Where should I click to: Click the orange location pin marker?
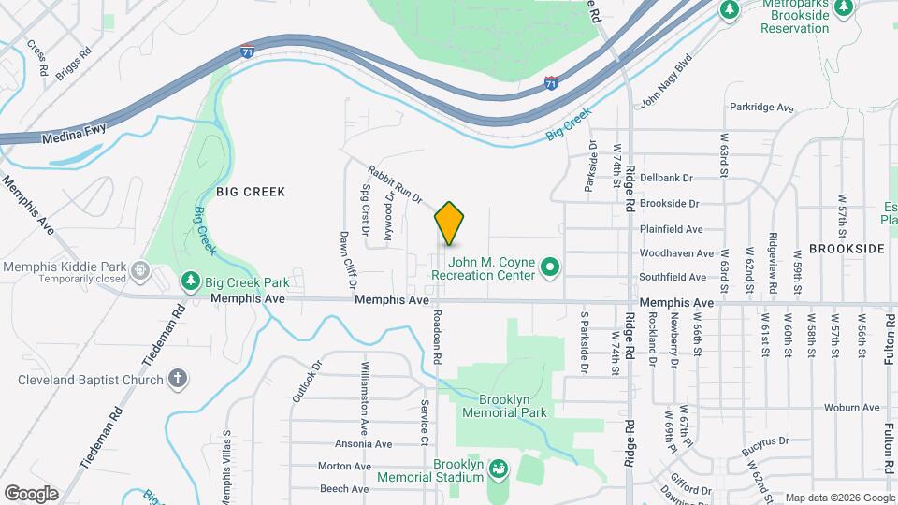point(449,224)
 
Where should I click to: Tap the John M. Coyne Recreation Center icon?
point(550,268)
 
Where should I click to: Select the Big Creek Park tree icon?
point(191,281)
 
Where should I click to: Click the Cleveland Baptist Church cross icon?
point(177,380)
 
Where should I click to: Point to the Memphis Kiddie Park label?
point(64,267)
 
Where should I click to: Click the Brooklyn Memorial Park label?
point(503,404)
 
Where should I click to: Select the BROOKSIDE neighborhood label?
point(846,249)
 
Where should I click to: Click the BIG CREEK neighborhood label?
point(250,191)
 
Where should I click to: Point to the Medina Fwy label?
point(75,138)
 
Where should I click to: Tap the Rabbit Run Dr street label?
point(395,184)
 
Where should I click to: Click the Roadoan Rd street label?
point(437,340)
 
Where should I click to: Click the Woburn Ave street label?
point(851,408)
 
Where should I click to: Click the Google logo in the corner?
point(31,493)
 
